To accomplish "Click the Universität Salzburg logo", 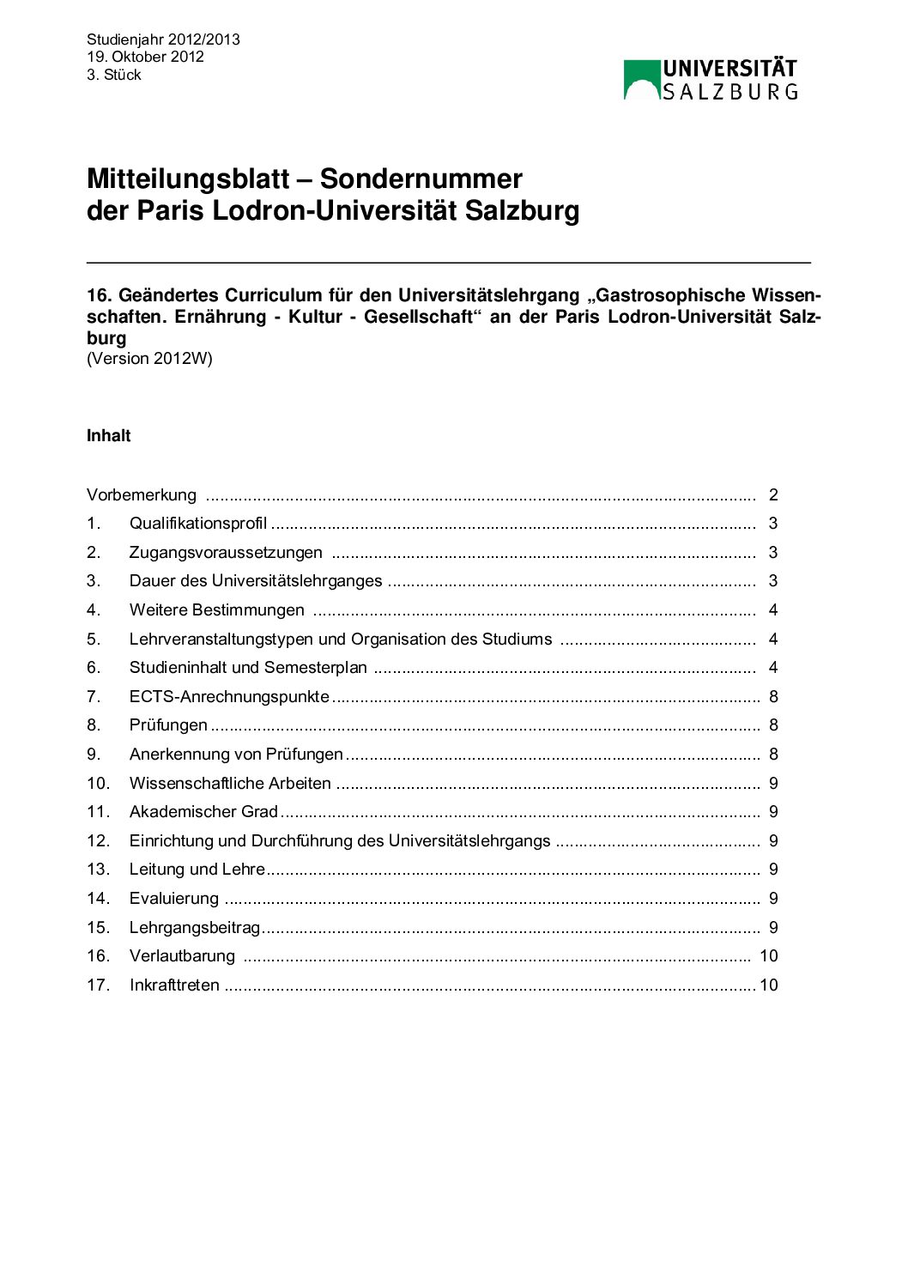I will (711, 80).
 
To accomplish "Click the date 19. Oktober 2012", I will (145, 57).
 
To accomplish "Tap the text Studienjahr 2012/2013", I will (163, 39).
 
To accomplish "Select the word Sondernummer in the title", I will (421, 179).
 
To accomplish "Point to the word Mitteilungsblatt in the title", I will (188, 179).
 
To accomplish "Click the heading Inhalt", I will (108, 436).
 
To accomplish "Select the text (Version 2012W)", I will (149, 359).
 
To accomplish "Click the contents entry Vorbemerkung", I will (142, 495).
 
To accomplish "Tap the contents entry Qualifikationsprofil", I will (198, 524).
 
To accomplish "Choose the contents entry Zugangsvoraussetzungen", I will (226, 553).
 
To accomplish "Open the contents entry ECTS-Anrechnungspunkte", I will (229, 697).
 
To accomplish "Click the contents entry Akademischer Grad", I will (203, 812).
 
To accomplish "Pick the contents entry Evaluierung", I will (174, 899).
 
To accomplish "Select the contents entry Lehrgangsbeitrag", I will (195, 928).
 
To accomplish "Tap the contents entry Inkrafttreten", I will (174, 985).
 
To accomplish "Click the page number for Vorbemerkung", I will (773, 495).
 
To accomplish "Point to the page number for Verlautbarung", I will (769, 956).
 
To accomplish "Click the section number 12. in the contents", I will (99, 841).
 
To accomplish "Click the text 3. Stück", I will (114, 75).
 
